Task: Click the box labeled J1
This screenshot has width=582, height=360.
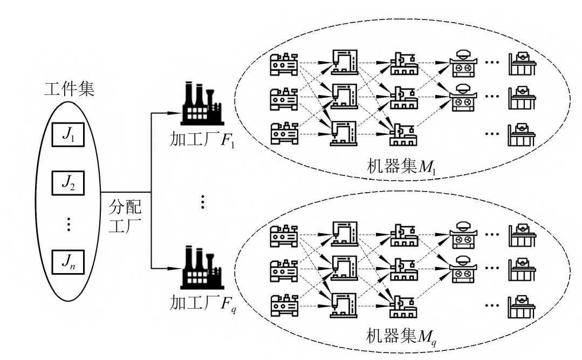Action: pyautogui.click(x=68, y=134)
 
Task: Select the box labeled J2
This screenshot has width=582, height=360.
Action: pyautogui.click(x=68, y=185)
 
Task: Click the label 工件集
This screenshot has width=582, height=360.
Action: pyautogui.click(x=69, y=89)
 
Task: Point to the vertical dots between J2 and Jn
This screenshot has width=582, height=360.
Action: pyautogui.click(x=68, y=223)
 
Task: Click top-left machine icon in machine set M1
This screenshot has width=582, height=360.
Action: pyautogui.click(x=283, y=64)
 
